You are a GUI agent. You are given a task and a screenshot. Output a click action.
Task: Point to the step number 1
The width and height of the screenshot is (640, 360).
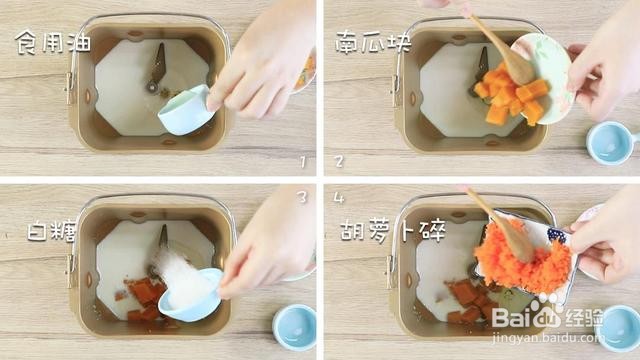(302, 160)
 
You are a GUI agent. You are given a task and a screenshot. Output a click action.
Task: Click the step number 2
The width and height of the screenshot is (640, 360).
(338, 160)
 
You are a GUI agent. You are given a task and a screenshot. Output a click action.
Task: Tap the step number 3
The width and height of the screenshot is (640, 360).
(302, 197)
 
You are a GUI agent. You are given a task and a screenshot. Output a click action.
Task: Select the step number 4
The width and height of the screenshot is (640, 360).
(338, 198)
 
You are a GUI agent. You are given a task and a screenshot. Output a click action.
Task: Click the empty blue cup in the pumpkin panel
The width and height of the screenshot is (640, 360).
(610, 141)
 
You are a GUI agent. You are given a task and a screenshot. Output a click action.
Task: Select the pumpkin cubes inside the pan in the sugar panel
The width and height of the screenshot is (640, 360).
(144, 295)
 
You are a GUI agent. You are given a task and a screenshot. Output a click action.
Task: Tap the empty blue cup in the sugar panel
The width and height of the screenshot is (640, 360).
(295, 326)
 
